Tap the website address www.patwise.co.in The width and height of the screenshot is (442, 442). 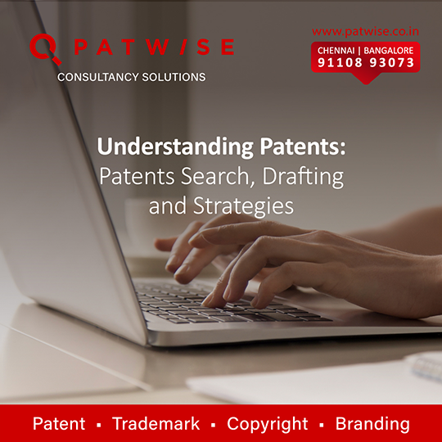(x=365, y=31)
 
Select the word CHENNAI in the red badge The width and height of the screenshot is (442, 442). (x=336, y=51)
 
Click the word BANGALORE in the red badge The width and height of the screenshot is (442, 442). (x=389, y=51)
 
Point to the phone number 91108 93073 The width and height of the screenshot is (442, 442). (x=366, y=62)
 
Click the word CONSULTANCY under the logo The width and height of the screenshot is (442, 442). (x=98, y=77)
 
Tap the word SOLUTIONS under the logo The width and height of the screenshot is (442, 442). (x=174, y=77)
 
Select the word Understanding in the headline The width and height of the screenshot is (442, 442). (x=175, y=147)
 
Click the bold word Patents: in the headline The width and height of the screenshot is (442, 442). (x=303, y=147)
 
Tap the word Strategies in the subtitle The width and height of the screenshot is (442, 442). (x=243, y=206)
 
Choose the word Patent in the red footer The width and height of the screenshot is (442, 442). (x=59, y=423)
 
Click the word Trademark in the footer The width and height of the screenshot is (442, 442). (x=156, y=423)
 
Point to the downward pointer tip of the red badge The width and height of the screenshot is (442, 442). (x=366, y=83)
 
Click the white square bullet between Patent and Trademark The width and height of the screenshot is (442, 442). (x=99, y=425)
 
